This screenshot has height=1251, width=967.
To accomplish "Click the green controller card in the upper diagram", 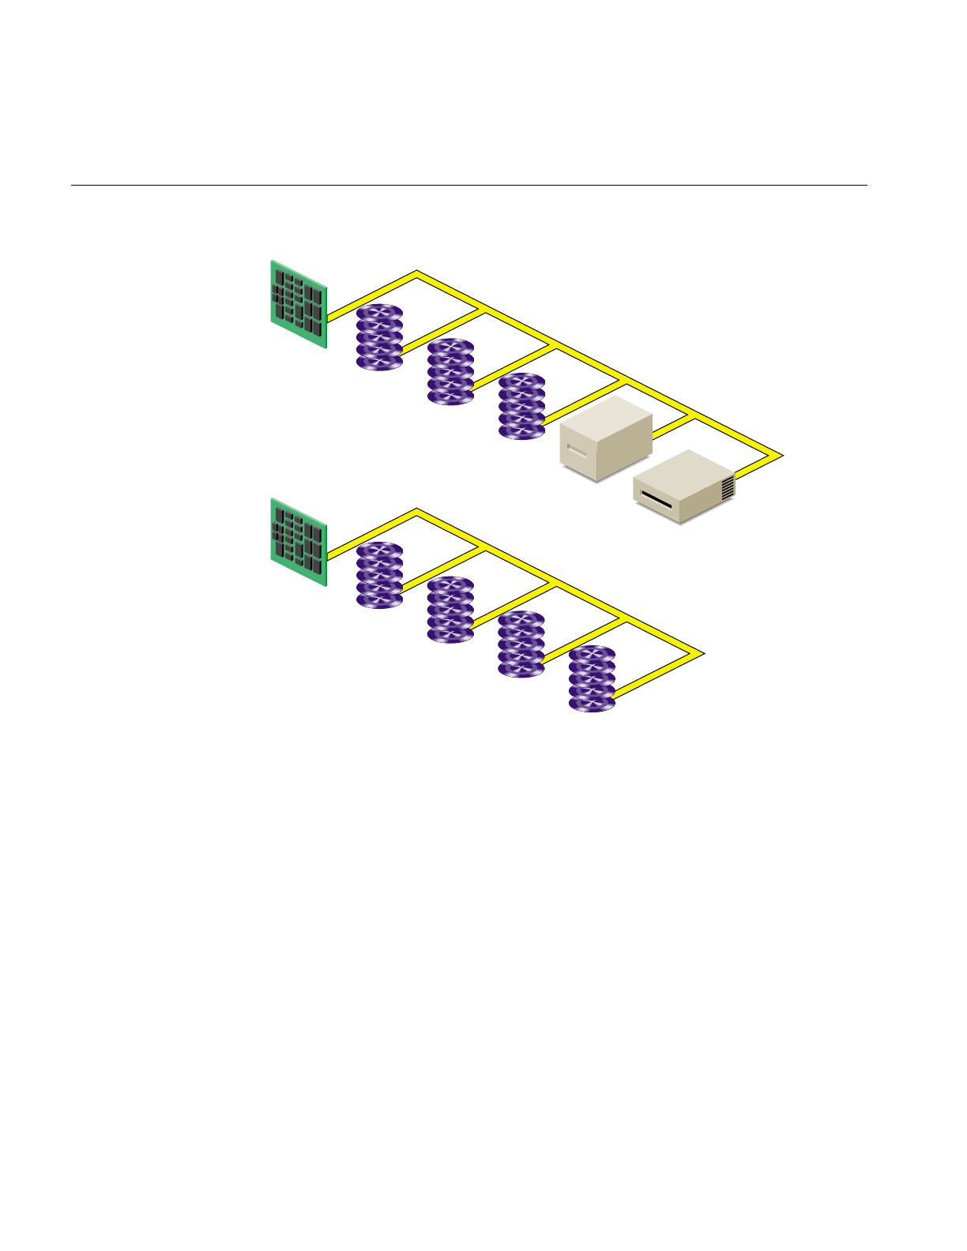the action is pos(299,304).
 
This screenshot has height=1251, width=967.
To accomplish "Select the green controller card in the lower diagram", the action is pos(299,542).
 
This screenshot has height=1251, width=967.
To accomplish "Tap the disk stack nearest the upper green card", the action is pos(379,337).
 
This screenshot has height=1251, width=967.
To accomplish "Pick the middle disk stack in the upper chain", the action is pos(450,371).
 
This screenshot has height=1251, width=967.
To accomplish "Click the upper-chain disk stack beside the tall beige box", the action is pos(521,406).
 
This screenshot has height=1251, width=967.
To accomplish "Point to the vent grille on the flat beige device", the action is pos(728,487).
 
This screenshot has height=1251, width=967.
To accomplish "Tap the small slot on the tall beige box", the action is pos(578,453).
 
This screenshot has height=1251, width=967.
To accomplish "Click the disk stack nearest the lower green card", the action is pos(379,575).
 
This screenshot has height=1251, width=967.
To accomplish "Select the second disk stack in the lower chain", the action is pos(450,609).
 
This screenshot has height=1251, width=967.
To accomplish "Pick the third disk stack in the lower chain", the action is pos(521,644).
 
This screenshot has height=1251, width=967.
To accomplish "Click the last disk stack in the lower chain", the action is pos(592,678).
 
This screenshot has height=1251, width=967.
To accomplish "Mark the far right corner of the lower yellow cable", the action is pos(700,654).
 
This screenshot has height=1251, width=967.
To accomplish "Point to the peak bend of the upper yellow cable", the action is pos(416,274).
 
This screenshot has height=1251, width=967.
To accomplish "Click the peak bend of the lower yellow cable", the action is pos(416,512).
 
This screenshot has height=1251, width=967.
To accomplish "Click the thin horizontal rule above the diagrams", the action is pos(469,186).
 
